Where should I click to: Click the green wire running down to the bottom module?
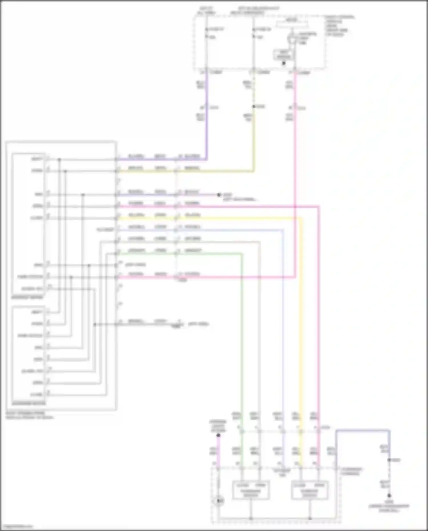point(242,342)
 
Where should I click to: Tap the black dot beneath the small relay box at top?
point(284,63)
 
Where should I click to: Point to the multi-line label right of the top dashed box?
point(340,26)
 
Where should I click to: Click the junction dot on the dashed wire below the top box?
point(254,107)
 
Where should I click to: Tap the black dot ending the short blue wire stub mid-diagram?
point(219,195)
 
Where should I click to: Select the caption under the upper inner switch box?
point(27,298)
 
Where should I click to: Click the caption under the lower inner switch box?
point(29,403)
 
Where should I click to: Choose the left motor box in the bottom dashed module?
point(251,490)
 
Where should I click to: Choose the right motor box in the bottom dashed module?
point(310,490)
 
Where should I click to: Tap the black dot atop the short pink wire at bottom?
point(218,435)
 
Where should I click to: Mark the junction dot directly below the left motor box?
point(251,518)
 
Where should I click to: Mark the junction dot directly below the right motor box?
point(310,518)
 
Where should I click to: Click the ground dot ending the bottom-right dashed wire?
point(389,496)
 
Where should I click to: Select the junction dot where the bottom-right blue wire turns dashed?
point(389,460)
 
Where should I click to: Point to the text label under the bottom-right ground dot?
point(389,506)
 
